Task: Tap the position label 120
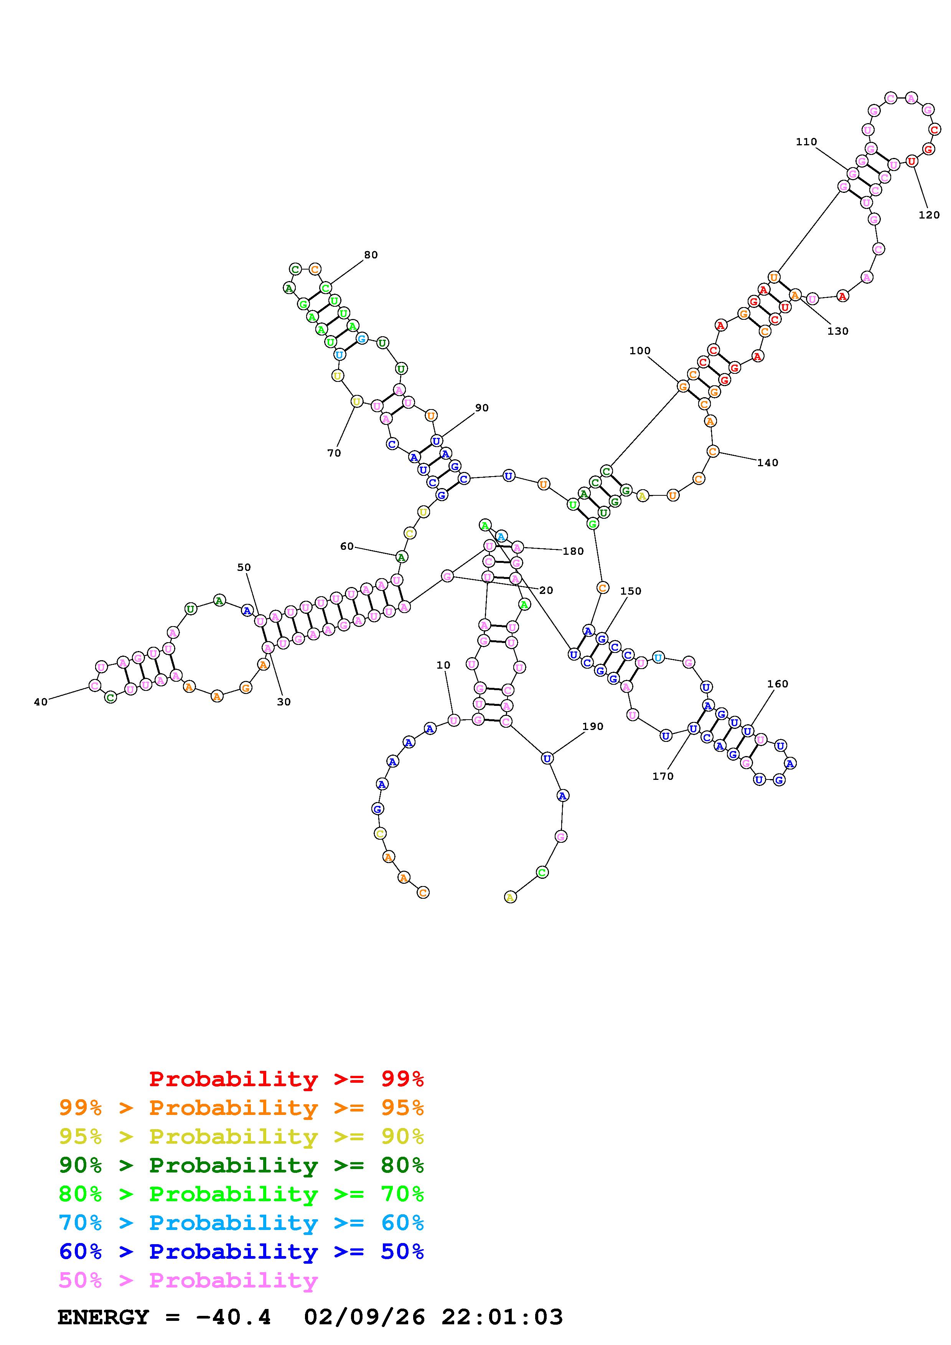[929, 215]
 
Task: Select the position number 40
[40, 702]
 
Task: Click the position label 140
[768, 463]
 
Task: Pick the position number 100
[640, 351]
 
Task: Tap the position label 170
[663, 776]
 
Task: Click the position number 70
[334, 453]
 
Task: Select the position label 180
[573, 551]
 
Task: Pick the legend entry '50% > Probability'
[188, 1281]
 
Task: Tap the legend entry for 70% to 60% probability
[241, 1223]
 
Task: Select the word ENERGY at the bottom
[103, 1317]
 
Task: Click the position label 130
[838, 331]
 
